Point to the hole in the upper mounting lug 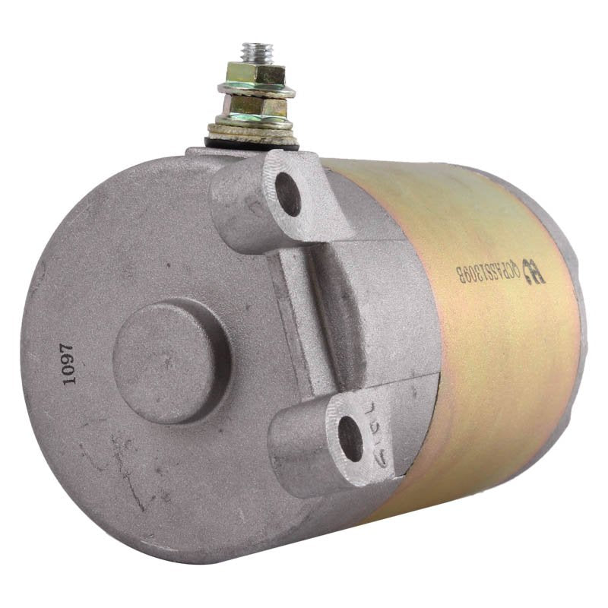coord(288,195)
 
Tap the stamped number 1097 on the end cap coord(68,365)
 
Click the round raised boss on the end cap coord(172,360)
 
